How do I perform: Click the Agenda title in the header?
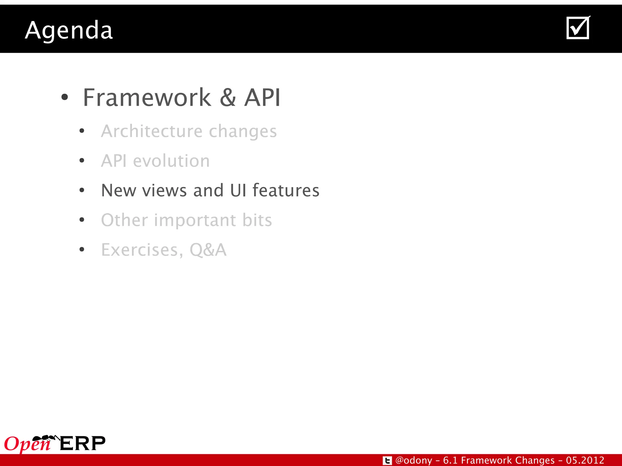click(69, 31)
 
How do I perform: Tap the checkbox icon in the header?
click(578, 28)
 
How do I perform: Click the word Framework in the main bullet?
click(147, 98)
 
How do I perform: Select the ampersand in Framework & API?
click(228, 98)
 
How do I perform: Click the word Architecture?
click(152, 131)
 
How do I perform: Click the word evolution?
click(171, 161)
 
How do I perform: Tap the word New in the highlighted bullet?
click(118, 191)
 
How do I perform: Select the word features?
click(286, 191)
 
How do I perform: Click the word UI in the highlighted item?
click(238, 191)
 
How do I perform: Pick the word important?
click(195, 220)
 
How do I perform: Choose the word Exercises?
click(142, 250)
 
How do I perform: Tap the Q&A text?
click(208, 250)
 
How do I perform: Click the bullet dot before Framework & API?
click(65, 97)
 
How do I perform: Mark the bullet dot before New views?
click(82, 191)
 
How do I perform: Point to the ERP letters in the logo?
click(82, 444)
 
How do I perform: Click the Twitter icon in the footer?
click(387, 461)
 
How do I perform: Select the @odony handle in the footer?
click(414, 460)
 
